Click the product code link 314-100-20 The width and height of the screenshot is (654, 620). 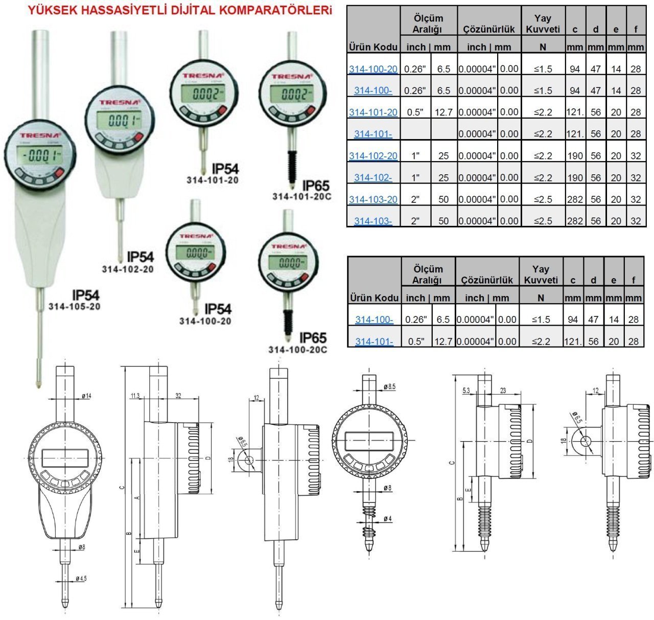[x=373, y=69]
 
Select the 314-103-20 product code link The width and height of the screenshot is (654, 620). [x=373, y=199]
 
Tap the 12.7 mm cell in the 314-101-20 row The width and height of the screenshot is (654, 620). [x=443, y=112]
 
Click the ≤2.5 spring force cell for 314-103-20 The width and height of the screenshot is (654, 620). [x=543, y=199]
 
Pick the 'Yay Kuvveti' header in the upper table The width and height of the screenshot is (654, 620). [x=543, y=24]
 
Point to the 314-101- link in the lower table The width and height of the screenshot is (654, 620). [x=374, y=341]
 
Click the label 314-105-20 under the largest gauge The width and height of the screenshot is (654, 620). [x=75, y=307]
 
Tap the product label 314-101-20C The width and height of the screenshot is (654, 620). [x=299, y=196]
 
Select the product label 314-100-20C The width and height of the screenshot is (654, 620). [x=297, y=350]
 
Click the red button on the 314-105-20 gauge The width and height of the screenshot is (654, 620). [x=57, y=175]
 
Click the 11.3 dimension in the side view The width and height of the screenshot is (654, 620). [x=135, y=396]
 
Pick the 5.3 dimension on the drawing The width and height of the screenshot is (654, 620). [x=465, y=391]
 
